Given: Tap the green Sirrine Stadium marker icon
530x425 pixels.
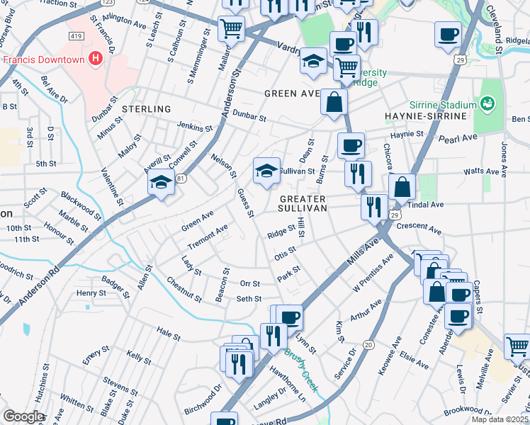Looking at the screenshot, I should pos(487,104).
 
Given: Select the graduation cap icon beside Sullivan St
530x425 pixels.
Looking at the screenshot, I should pos(266,171).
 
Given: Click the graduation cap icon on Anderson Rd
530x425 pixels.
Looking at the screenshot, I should pos(161,182).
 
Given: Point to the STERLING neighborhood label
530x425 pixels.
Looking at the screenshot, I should pos(147,109).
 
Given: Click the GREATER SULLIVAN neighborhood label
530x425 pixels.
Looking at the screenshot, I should pos(303,204).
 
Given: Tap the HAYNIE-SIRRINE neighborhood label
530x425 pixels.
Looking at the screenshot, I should pos(424,115).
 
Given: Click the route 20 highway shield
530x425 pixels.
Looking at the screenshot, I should pos(368,344).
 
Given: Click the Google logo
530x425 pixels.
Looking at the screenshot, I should pos(23,416).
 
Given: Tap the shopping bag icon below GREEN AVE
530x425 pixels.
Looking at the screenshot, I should pos(334,101).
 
